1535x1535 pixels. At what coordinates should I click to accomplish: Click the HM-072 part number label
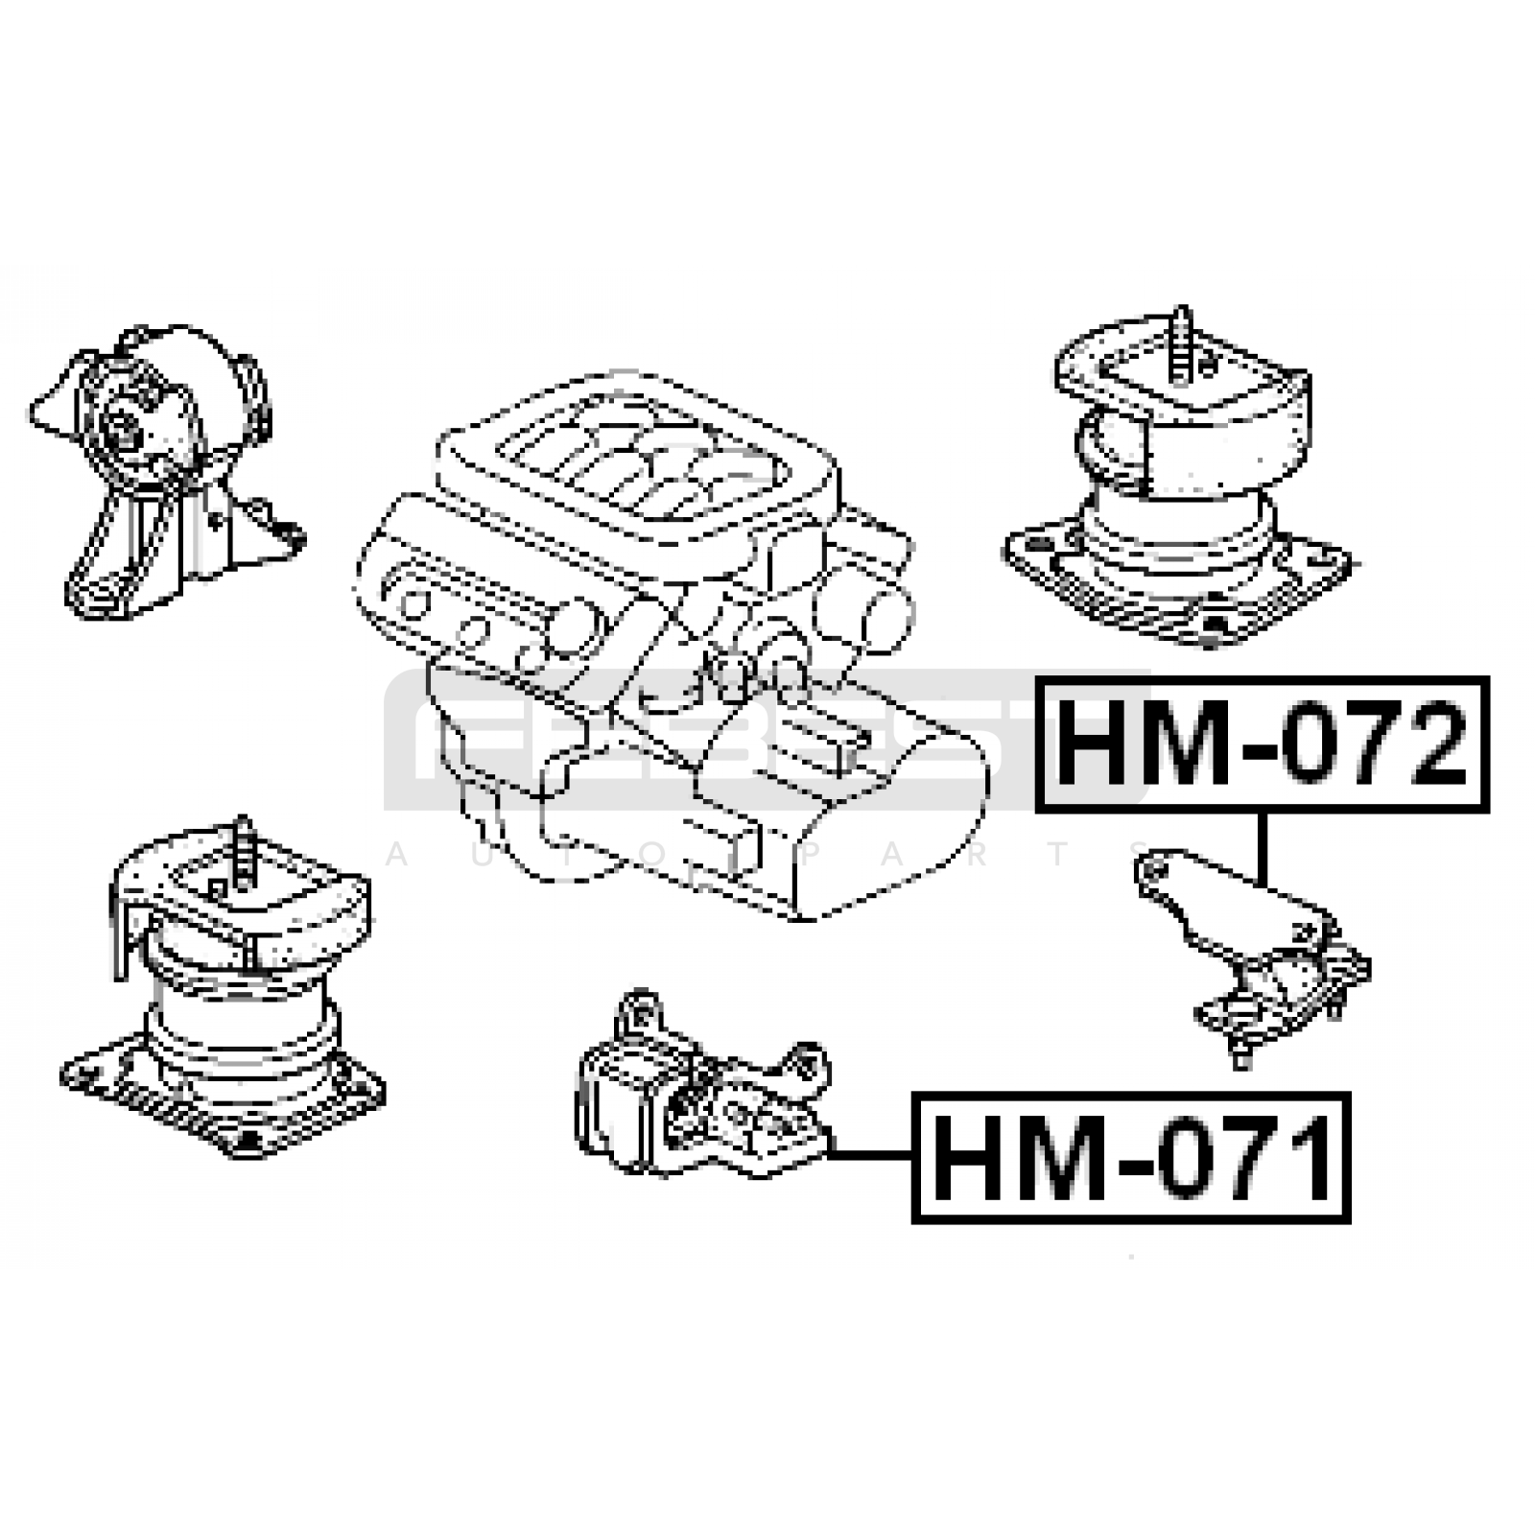1263,744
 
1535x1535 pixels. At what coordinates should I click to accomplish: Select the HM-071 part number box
1131,1157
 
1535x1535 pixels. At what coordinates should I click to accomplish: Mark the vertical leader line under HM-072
1263,849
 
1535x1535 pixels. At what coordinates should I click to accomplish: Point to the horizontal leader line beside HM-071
871,1154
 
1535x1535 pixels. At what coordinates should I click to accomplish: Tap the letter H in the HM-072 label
1095,744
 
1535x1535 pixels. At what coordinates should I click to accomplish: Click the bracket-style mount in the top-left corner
163,470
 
